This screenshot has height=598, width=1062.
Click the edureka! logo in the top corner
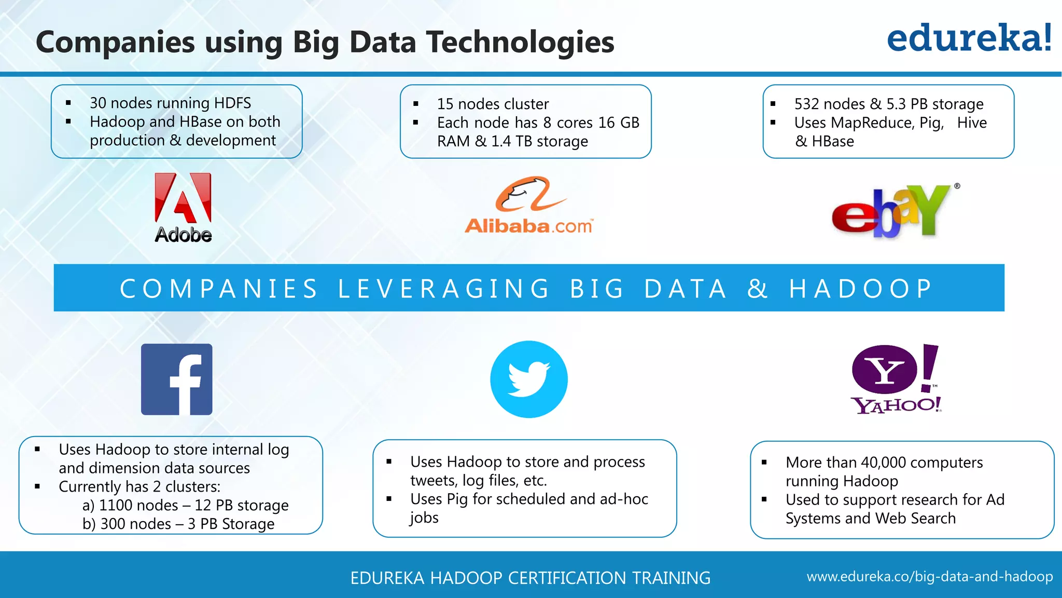[969, 38]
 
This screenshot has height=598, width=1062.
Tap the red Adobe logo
[183, 207]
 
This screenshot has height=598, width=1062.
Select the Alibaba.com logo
[528, 206]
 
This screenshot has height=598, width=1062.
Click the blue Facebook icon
[177, 379]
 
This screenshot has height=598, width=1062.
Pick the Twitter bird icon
[529, 379]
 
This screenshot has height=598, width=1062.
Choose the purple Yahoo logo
[896, 378]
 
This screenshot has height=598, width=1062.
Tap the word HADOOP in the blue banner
[861, 289]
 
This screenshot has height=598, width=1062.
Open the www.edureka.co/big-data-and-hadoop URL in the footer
[929, 577]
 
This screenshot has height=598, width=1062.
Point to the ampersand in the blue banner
[757, 289]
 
